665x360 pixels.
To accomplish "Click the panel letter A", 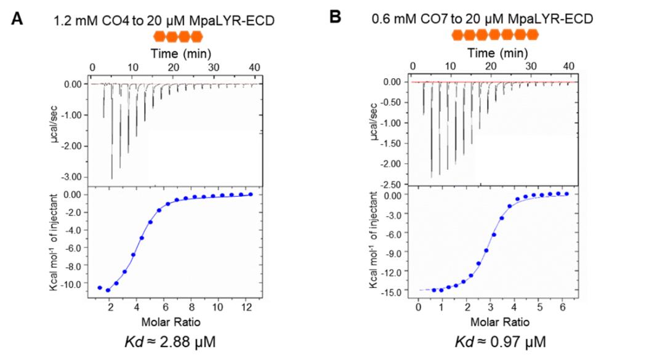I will tap(18, 18).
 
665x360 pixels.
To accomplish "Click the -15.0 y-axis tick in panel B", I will tap(394, 290).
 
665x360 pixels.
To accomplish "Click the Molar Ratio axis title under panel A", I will tap(171, 321).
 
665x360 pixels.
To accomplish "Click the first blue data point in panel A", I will tap(100, 287).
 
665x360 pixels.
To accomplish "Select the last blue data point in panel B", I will tap(566, 194).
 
